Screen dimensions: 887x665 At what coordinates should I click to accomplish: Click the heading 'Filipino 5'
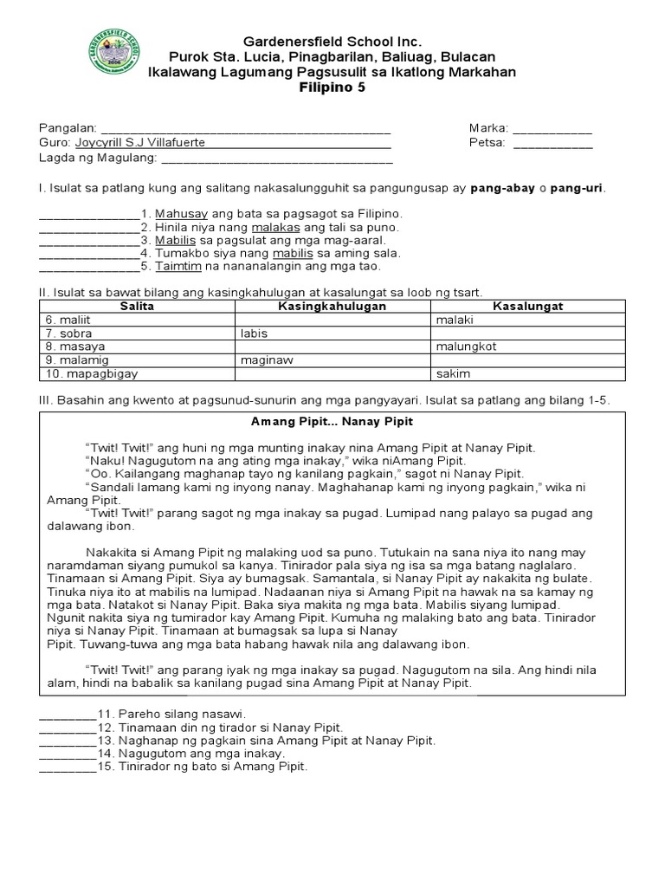pos(332,87)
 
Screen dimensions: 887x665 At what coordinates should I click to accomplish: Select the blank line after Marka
pos(552,128)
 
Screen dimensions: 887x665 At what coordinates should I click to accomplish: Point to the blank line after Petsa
pos(552,143)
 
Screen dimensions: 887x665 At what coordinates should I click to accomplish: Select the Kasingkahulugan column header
pos(332,307)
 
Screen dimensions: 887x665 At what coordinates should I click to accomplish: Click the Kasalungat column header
pos(527,307)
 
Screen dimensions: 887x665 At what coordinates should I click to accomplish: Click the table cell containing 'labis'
pos(255,333)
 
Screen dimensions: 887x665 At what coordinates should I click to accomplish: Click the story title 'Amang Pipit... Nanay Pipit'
pos(332,421)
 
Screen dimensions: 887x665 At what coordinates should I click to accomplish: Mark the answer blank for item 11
pos(67,715)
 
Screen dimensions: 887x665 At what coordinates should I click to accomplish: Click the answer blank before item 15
pos(67,767)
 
